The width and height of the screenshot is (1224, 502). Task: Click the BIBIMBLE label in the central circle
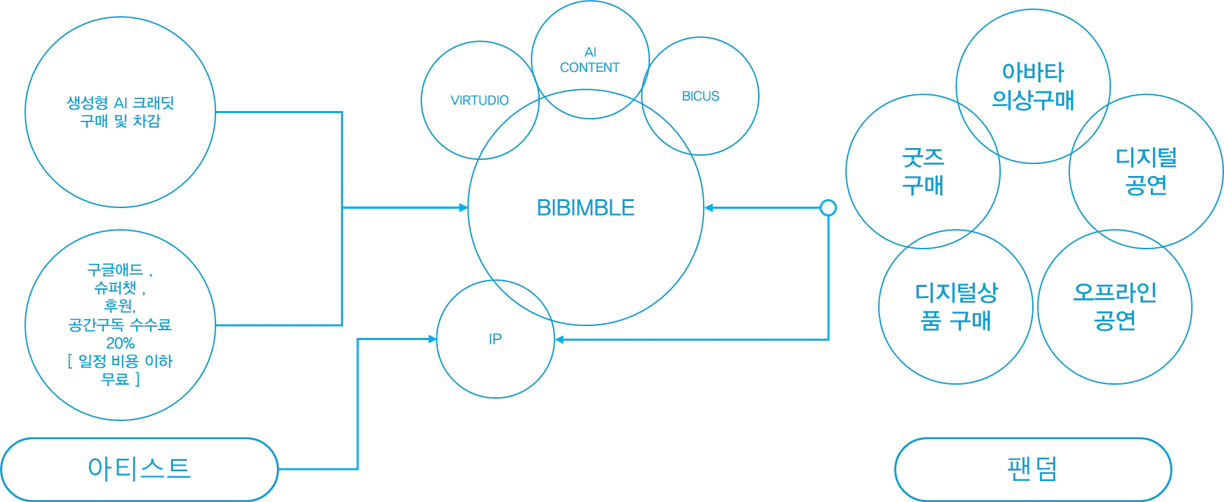(586, 207)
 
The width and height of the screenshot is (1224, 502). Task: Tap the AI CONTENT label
(589, 61)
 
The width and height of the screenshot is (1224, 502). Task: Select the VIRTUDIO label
(479, 101)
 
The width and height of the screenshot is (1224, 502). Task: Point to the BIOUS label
(700, 96)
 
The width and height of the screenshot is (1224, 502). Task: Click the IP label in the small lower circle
(494, 339)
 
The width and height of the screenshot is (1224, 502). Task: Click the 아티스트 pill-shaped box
(139, 468)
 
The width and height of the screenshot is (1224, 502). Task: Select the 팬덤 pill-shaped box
(1033, 470)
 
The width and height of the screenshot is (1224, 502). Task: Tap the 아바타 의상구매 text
(1033, 85)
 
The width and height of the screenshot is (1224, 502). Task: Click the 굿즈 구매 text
(922, 171)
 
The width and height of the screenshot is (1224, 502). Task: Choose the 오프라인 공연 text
(1115, 306)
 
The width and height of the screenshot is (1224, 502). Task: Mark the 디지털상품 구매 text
(955, 307)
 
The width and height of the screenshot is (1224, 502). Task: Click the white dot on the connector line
(828, 207)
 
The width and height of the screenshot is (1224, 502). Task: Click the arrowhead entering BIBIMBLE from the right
(707, 208)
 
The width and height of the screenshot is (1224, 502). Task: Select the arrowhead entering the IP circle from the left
(432, 339)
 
